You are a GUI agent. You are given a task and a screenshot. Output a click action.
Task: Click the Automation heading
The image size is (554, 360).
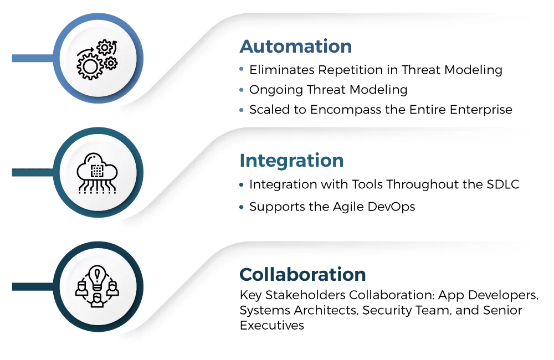(296, 46)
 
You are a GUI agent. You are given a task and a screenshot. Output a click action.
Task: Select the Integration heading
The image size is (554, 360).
(292, 161)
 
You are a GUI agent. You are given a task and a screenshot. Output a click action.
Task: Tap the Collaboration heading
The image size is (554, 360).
(303, 276)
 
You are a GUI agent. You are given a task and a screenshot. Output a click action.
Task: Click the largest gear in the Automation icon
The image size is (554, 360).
(90, 67)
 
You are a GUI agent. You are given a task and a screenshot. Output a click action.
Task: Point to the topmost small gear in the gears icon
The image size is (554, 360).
(105, 48)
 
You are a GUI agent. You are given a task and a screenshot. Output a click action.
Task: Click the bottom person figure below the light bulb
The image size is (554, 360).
(98, 299)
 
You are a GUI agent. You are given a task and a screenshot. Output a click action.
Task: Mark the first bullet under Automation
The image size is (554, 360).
(242, 69)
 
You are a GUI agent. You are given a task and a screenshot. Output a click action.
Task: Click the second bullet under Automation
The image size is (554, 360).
(242, 88)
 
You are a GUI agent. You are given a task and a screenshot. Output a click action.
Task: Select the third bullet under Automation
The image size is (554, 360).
(242, 110)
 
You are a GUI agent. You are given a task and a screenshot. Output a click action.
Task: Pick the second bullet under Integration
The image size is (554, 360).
(242, 207)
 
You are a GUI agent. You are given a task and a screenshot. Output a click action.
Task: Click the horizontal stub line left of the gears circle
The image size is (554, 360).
(30, 59)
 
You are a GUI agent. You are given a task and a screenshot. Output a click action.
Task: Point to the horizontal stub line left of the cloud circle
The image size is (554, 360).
(30, 173)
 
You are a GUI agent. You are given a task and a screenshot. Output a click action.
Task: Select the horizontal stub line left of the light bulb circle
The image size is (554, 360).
(30, 287)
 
